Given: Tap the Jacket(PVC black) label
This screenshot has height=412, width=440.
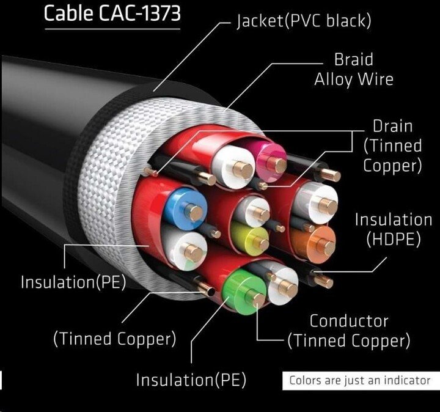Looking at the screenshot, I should [x=304, y=22].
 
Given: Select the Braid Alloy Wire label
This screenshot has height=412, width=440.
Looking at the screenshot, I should [x=354, y=70].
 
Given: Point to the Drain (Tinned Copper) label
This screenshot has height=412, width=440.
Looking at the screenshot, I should [x=392, y=145].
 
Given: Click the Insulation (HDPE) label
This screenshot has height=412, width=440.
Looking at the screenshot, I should [x=394, y=229].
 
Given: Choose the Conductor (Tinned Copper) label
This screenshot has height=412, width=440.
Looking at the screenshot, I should [x=349, y=331].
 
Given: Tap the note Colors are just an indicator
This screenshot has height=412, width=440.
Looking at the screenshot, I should [x=359, y=380].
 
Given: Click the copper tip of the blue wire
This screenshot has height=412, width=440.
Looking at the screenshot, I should [x=196, y=213].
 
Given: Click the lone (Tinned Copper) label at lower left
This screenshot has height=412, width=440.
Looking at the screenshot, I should [x=115, y=338].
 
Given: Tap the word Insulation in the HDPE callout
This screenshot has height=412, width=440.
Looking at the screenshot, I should [x=394, y=219].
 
